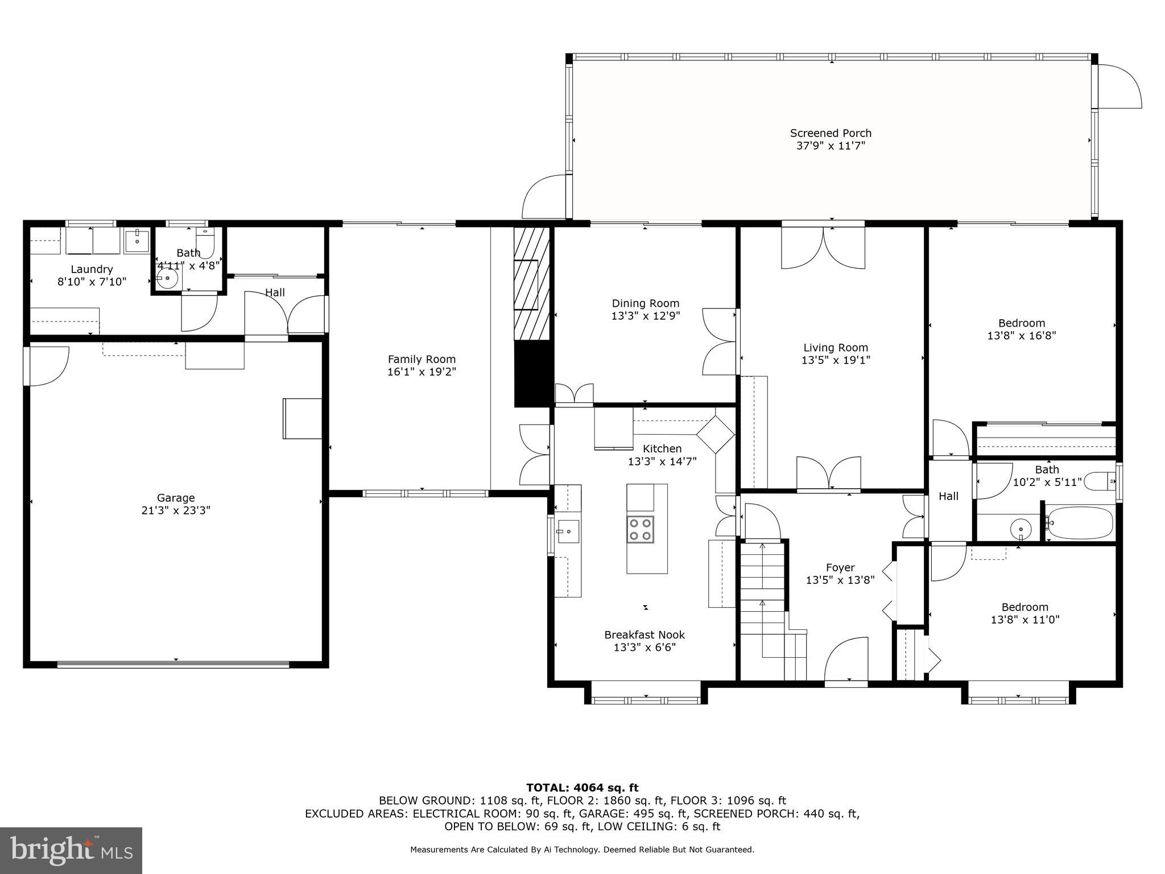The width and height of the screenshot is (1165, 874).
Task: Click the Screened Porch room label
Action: pyautogui.click(x=831, y=133)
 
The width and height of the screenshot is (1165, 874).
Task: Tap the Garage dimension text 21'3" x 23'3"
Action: pyautogui.click(x=176, y=510)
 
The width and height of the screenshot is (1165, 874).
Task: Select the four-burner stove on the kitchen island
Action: pyautogui.click(x=641, y=529)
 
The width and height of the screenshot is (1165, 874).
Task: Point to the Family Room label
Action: pyautogui.click(x=422, y=359)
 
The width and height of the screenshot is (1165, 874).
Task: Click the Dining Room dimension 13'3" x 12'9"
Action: pyautogui.click(x=646, y=316)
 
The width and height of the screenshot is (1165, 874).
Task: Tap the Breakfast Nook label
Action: pyautogui.click(x=645, y=634)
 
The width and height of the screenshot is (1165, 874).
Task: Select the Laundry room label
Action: pyautogui.click(x=92, y=269)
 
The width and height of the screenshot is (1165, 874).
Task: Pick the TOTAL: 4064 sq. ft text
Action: pyautogui.click(x=582, y=788)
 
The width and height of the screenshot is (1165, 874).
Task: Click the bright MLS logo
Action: pyautogui.click(x=71, y=850)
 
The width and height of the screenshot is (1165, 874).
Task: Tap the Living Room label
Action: pyautogui.click(x=836, y=348)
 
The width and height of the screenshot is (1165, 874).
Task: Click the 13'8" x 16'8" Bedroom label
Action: pyautogui.click(x=1022, y=323)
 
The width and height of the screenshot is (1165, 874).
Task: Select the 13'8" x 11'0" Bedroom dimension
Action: pyautogui.click(x=1025, y=620)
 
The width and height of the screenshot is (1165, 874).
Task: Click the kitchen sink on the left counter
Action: pyautogui.click(x=568, y=531)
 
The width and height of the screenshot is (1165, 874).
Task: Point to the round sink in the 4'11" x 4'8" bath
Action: pyautogui.click(x=167, y=279)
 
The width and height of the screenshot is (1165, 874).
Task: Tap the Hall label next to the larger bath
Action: pyautogui.click(x=948, y=496)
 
